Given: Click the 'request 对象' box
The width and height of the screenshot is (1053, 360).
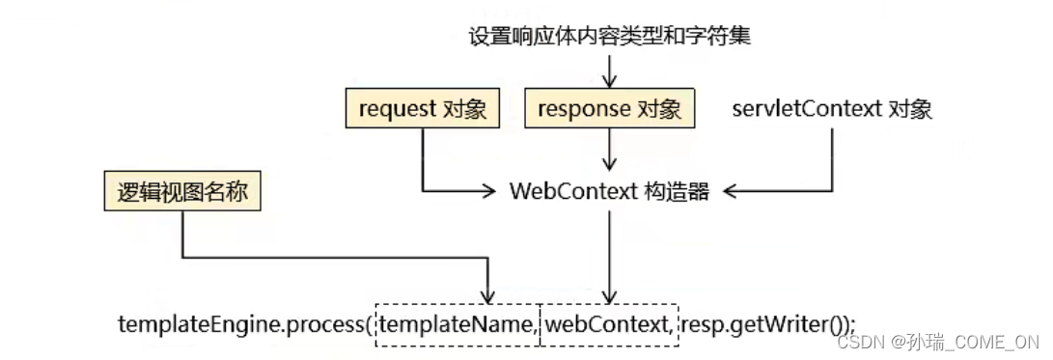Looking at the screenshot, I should pos(423,109).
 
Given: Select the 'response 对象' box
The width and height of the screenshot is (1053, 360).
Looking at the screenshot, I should pos(609,109).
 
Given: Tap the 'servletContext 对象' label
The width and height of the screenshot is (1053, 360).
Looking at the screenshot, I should pos(832,109).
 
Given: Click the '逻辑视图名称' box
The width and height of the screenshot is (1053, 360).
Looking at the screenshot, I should pos(182,192).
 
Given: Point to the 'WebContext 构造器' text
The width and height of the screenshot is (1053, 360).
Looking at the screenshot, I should pos(609,191).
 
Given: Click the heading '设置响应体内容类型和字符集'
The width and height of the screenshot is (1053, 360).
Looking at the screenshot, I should pos(609,37).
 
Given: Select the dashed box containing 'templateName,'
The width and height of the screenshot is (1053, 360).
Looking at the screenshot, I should pos(457,322).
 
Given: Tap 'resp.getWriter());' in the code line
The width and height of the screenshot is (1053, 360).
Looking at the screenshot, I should pos(767,322).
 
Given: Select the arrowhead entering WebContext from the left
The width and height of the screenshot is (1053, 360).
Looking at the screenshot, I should pos(488,191).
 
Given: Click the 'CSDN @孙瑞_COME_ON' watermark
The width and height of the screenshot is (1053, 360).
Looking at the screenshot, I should pos(937,342).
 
